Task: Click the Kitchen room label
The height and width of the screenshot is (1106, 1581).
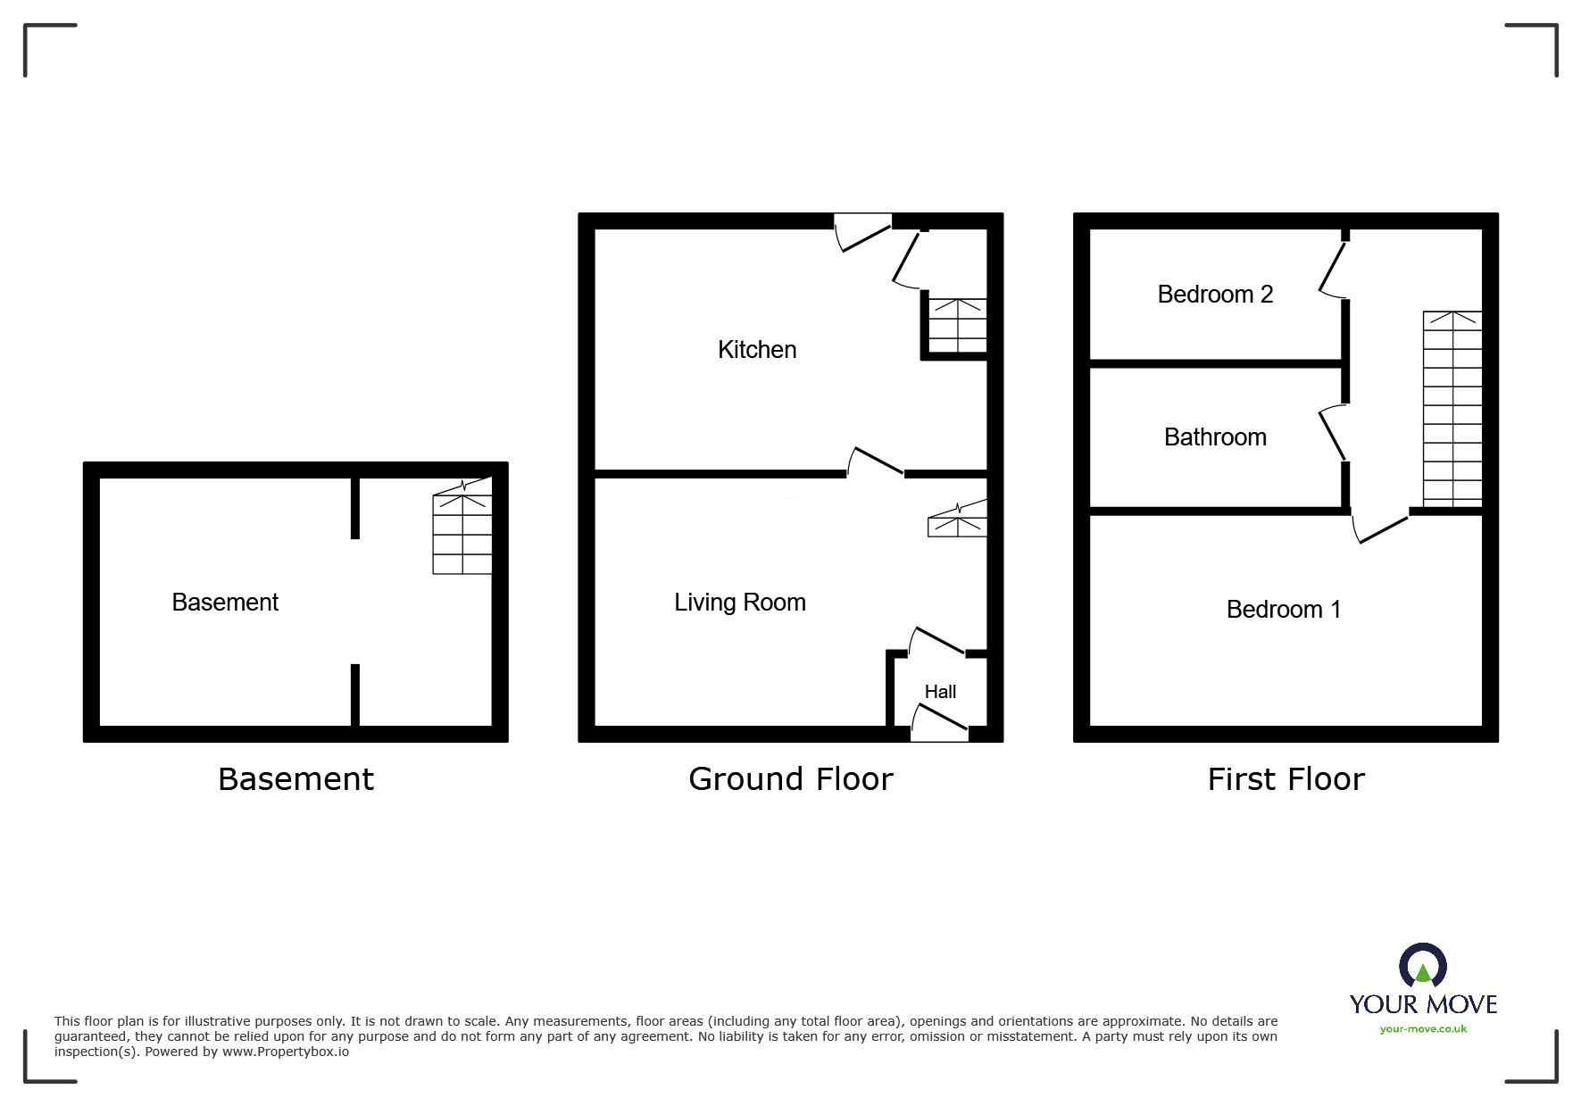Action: tap(757, 349)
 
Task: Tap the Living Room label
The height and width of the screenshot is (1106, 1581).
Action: tap(740, 603)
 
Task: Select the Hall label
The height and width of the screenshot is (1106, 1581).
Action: tap(940, 692)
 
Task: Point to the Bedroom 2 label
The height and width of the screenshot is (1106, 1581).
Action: tap(1215, 295)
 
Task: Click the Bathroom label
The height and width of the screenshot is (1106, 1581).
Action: tap(1215, 437)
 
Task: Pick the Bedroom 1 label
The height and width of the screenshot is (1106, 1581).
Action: tap(1284, 610)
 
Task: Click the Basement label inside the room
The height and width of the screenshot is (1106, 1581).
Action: tap(225, 603)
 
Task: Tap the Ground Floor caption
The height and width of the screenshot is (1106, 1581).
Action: tap(790, 779)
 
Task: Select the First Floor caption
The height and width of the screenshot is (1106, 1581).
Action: tap(1286, 779)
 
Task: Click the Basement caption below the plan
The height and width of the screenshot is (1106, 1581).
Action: tap(295, 779)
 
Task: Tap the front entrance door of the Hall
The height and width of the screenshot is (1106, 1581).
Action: tap(939, 723)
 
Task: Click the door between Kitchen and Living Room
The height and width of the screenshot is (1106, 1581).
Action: tap(875, 462)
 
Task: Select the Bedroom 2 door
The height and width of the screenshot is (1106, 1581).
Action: tap(1333, 269)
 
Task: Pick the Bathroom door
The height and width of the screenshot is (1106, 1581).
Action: tap(1333, 433)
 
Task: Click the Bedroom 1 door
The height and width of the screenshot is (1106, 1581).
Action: tap(1380, 528)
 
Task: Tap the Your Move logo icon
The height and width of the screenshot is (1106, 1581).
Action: tap(1422, 967)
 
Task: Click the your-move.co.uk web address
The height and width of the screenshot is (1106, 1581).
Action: tap(1423, 1029)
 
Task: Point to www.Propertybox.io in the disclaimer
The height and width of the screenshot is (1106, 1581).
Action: tap(286, 1052)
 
